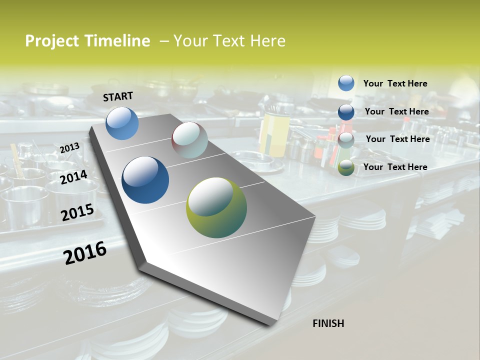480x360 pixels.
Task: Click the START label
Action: click(118, 96)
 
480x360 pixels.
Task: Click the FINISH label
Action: click(328, 323)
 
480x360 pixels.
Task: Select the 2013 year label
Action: click(69, 147)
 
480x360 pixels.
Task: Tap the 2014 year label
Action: click(74, 177)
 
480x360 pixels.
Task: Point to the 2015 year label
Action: click(77, 212)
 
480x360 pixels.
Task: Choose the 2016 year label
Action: click(85, 253)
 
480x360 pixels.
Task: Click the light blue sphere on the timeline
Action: click(122, 123)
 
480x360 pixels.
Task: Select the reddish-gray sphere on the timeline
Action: click(189, 140)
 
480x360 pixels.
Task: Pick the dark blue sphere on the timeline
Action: click(145, 180)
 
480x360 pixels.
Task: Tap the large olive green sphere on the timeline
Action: click(216, 207)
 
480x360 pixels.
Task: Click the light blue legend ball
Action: click(346, 83)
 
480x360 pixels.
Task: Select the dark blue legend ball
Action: click(346, 112)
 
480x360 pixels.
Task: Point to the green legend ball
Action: click(346, 168)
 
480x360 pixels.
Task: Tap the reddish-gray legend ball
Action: click(346, 140)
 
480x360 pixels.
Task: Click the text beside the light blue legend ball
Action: click(395, 83)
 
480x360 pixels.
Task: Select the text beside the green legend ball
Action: click(395, 167)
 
